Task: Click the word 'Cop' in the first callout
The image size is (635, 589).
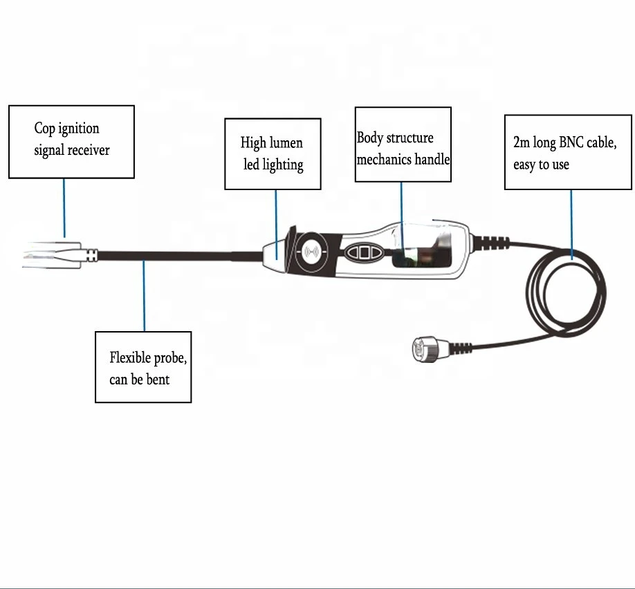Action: point(44,129)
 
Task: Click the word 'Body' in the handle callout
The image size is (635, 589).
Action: point(370,138)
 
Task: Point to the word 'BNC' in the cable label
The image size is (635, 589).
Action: point(571,142)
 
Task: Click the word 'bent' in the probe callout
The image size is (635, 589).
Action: point(158,380)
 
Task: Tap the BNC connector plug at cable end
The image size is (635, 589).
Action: point(430,349)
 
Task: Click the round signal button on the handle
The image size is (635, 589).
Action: point(311,252)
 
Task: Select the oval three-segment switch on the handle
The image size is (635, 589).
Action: point(364,252)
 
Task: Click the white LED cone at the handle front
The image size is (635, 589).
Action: point(275,255)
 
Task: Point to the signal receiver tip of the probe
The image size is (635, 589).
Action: point(53,255)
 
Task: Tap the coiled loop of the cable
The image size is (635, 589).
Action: point(566,292)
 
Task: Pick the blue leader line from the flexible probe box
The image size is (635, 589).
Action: point(144,296)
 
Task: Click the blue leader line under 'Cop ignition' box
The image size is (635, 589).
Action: point(64,208)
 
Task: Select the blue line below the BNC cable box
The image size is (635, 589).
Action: point(571,225)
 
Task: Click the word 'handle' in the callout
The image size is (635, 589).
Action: point(432,160)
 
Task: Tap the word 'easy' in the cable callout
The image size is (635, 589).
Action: point(524,165)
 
